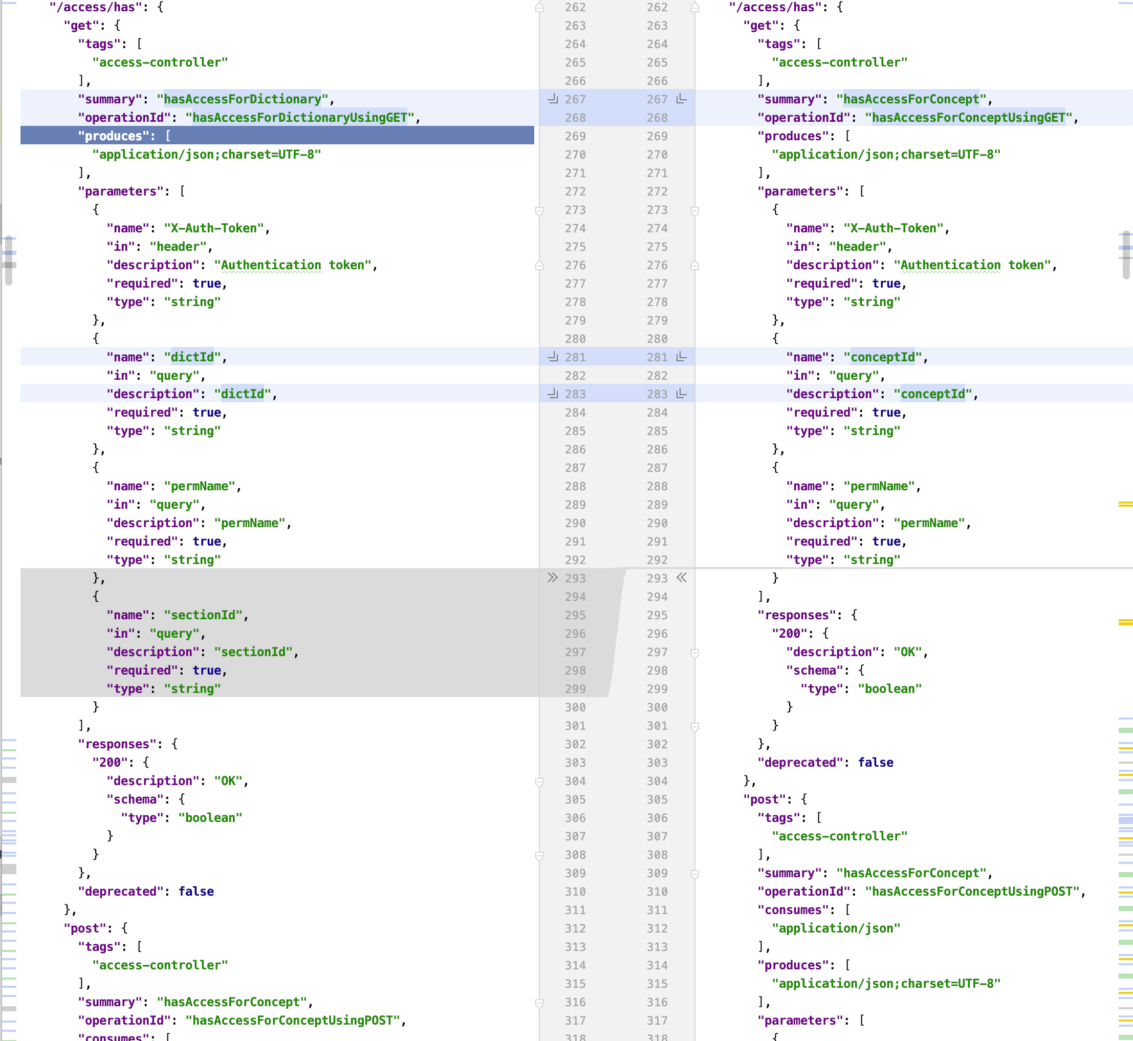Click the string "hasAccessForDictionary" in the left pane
pyautogui.click(x=242, y=99)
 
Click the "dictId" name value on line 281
pyautogui.click(x=192, y=357)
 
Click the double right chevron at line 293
pyautogui.click(x=552, y=578)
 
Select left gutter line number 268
pyautogui.click(x=575, y=118)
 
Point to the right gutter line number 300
pyautogui.click(x=657, y=707)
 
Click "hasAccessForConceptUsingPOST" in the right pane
pyautogui.click(x=971, y=892)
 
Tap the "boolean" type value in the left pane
pyautogui.click(x=210, y=818)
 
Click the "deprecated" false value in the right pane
pyautogui.click(x=876, y=763)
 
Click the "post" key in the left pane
pyautogui.click(x=84, y=928)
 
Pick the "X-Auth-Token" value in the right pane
pyautogui.click(x=893, y=228)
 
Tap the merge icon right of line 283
pyautogui.click(x=681, y=394)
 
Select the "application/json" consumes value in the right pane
pyautogui.click(x=836, y=928)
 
